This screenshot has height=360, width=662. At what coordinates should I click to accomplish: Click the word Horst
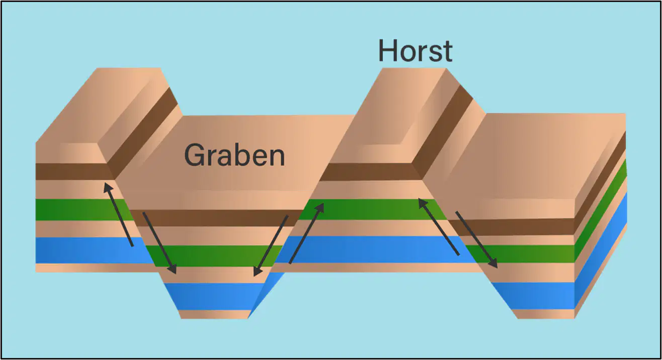coord(415,51)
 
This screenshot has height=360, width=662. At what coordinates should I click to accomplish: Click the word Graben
coord(234,155)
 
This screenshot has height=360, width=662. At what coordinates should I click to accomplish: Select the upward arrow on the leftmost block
coord(118,214)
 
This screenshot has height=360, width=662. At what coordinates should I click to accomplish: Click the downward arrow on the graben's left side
coord(159,243)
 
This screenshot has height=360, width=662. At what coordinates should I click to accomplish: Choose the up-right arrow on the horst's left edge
coord(306,233)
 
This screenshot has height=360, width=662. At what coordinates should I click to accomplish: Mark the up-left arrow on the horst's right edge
coord(439,227)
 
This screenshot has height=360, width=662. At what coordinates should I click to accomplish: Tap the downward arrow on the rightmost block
coord(477,240)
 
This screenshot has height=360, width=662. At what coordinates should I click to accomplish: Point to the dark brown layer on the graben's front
coord(216,218)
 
